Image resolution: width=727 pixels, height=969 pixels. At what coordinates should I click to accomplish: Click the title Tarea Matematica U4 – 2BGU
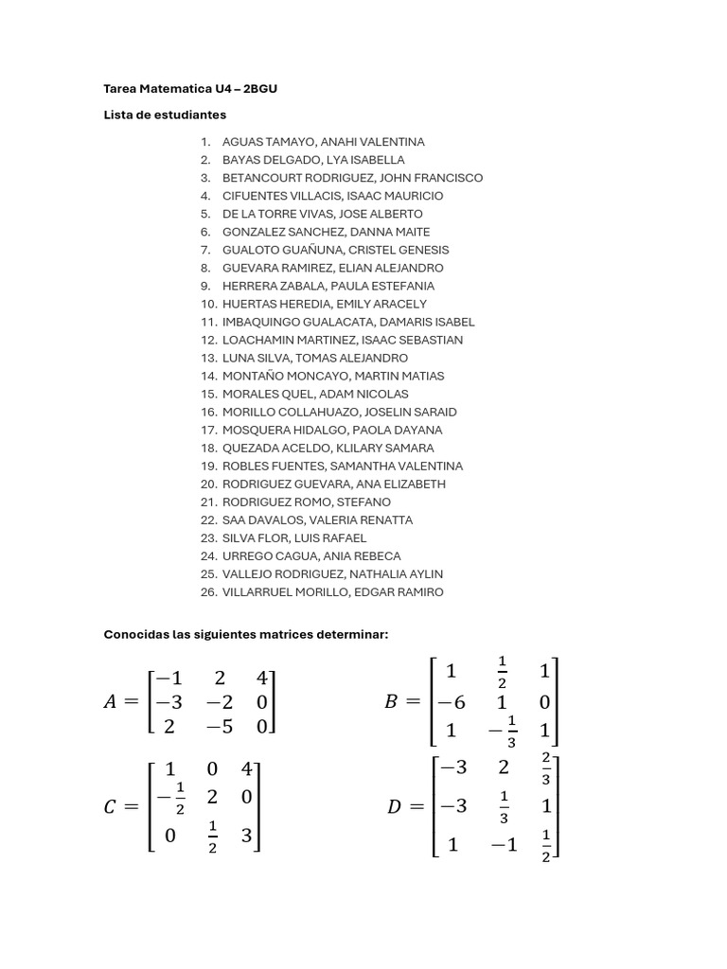190,89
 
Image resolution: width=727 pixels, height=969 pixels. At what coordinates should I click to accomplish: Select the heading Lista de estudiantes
165,115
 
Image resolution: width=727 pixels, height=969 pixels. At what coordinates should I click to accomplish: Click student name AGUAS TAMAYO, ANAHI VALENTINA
323,142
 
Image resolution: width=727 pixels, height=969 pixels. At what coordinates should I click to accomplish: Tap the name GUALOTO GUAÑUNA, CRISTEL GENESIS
335,250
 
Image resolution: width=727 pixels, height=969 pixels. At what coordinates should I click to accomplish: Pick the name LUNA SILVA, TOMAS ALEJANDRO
314,358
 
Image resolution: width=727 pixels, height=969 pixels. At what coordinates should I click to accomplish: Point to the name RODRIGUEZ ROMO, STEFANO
306,502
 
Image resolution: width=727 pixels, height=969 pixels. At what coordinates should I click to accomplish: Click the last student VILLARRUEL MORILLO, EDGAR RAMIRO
332,592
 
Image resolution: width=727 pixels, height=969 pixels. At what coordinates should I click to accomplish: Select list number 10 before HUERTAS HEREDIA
208,304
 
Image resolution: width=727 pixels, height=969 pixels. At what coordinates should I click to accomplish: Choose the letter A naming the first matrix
111,702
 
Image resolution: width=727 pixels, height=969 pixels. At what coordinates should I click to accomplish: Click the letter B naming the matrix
392,702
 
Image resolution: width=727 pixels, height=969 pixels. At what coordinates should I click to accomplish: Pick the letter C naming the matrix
111,807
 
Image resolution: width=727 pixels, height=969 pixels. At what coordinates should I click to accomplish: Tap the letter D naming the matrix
395,807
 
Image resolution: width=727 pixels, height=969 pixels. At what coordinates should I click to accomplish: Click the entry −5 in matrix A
220,726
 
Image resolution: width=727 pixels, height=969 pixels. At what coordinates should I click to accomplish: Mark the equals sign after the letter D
417,807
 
